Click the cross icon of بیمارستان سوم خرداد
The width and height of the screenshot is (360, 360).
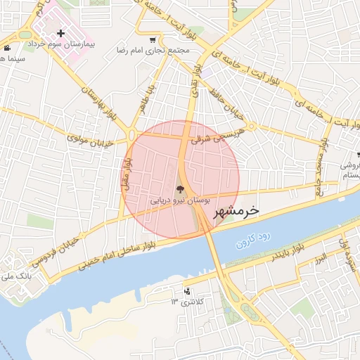[61, 33]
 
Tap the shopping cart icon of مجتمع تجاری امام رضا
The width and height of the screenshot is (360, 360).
[153, 40]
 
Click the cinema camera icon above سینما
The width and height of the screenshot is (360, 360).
[6, 48]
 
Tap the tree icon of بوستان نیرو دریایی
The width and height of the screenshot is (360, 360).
[179, 188]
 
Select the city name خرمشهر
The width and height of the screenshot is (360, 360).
[235, 211]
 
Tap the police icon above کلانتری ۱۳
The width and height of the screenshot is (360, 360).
[186, 291]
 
